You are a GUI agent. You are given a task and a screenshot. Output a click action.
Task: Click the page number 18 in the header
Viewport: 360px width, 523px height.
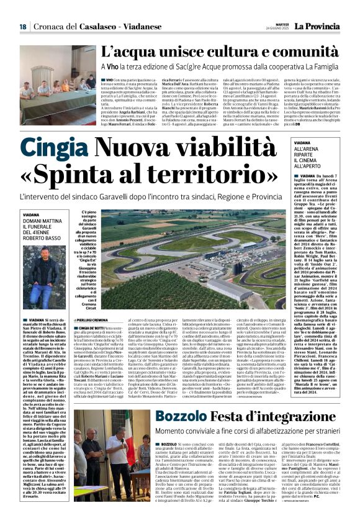click(22, 27)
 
